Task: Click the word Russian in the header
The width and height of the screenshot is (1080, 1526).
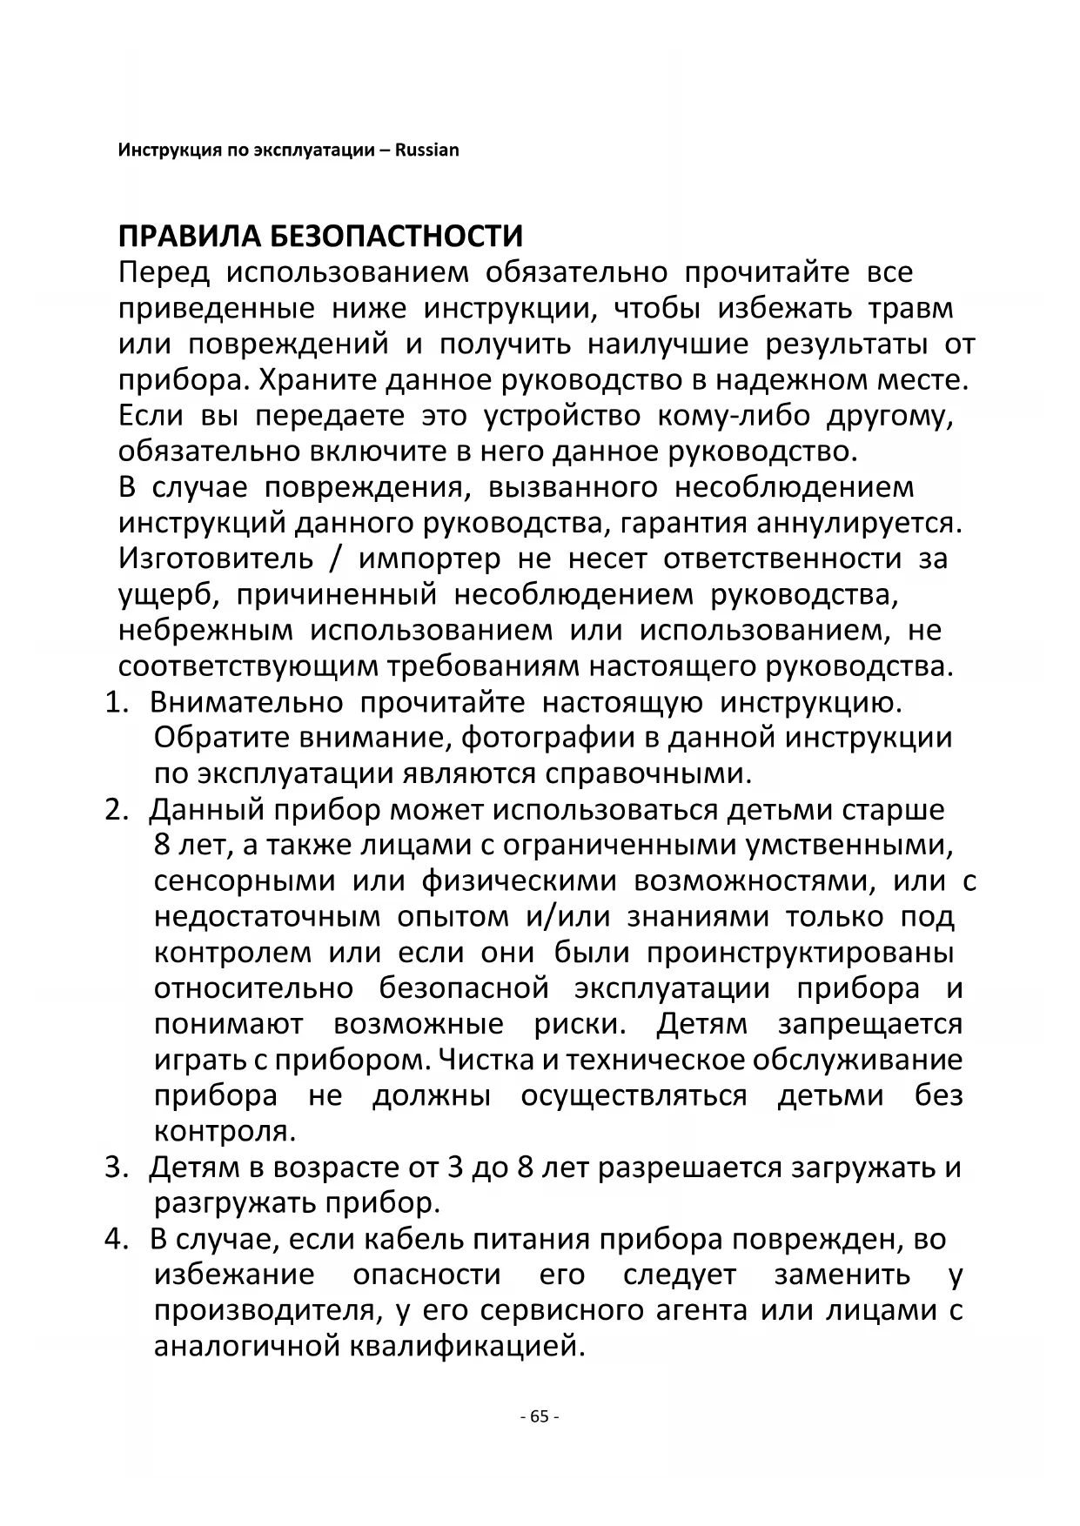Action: click(x=427, y=150)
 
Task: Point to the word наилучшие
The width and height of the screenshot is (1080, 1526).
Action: click(x=667, y=345)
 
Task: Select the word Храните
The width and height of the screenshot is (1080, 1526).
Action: click(x=319, y=380)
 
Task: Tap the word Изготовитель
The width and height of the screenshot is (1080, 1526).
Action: click(x=216, y=559)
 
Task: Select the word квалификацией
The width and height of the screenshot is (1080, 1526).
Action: click(x=465, y=1347)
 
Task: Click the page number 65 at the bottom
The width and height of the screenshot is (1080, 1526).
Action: click(x=539, y=1416)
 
